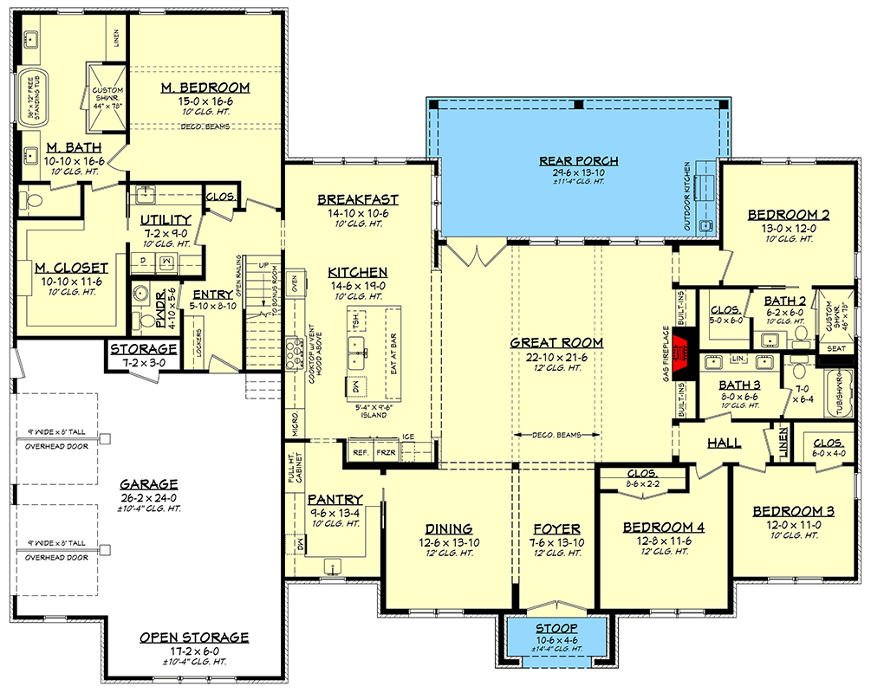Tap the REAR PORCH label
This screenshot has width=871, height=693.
coord(567,160)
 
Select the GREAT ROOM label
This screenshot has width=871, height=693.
coord(557,343)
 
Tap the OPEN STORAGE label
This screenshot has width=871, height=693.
coord(194,638)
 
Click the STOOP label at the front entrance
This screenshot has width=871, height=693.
coord(557,627)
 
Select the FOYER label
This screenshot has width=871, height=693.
coord(556,529)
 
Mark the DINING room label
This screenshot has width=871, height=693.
coord(448,529)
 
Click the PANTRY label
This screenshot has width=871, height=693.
coord(333,500)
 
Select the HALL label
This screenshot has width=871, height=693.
coord(724,443)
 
